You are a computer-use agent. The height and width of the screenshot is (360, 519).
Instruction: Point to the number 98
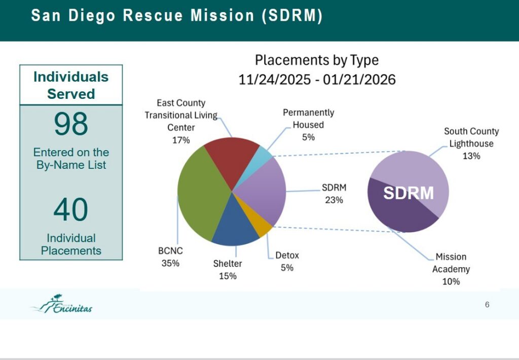(x=71, y=124)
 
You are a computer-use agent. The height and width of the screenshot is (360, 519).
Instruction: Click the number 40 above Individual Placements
(x=71, y=209)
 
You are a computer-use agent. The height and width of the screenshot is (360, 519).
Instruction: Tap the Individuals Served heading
(x=71, y=85)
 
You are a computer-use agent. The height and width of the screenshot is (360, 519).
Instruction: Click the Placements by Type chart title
(x=317, y=60)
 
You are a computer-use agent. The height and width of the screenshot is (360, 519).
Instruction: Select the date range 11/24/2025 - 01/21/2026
(x=317, y=80)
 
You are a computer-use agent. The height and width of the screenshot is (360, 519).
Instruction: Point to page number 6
(x=487, y=305)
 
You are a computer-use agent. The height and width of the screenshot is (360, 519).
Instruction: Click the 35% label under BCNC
(x=170, y=263)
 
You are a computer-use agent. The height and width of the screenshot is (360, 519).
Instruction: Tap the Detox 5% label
(x=287, y=261)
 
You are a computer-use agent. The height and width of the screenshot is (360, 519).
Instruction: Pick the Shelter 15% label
(x=228, y=270)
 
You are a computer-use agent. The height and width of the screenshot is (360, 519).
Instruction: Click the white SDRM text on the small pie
(x=408, y=193)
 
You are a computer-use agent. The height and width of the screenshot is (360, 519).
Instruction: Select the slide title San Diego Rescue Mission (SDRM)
(x=176, y=16)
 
